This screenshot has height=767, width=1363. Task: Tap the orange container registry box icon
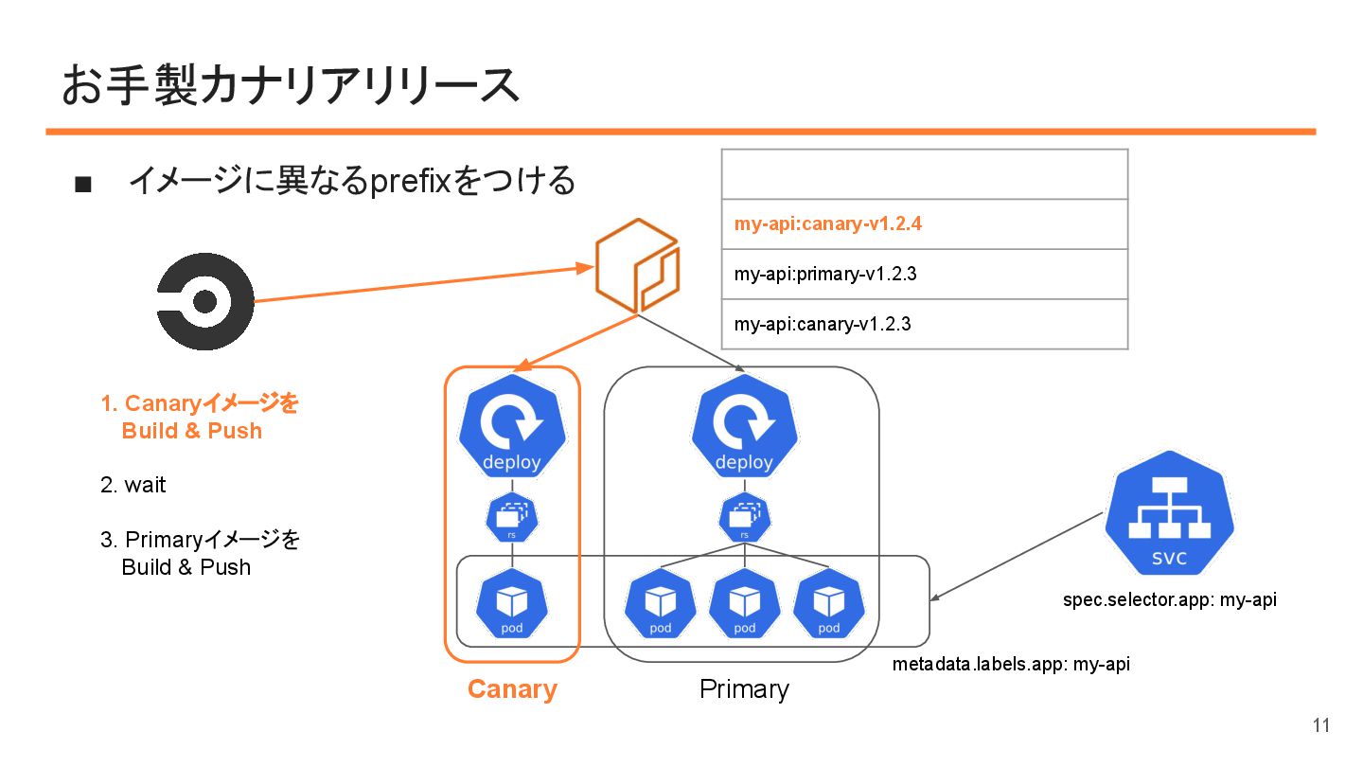click(x=637, y=266)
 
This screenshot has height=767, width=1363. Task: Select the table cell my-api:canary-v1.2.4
click(x=924, y=224)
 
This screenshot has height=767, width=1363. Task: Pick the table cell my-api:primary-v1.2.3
click(x=924, y=275)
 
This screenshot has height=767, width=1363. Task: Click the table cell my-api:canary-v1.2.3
click(x=924, y=324)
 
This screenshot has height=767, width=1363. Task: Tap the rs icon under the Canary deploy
click(x=512, y=517)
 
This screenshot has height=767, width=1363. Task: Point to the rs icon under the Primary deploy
click(x=744, y=517)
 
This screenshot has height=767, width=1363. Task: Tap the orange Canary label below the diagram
click(x=512, y=689)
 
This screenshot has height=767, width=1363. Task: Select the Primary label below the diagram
click(x=744, y=689)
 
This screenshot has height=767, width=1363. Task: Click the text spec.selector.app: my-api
click(x=1169, y=600)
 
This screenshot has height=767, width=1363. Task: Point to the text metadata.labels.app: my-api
click(x=1011, y=665)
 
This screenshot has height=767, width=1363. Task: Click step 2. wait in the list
click(x=133, y=486)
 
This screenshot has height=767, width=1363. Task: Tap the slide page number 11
click(x=1321, y=726)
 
